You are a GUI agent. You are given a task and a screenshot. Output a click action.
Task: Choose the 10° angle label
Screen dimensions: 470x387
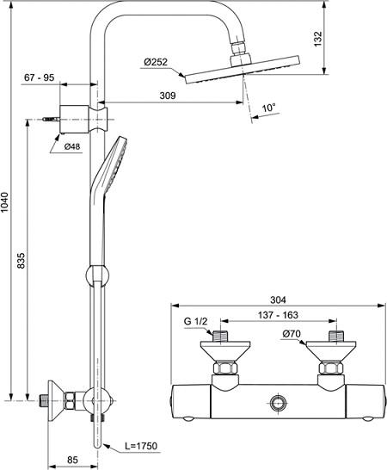[x=269, y=108]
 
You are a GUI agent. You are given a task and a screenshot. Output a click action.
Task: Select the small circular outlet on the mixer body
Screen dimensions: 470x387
[x=276, y=401]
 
